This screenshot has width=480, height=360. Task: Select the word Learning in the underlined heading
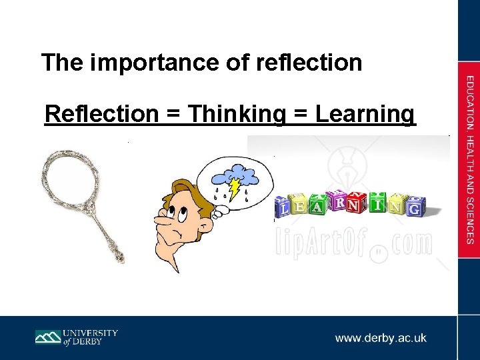tap(365, 114)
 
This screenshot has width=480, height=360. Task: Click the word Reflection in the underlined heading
tap(101, 114)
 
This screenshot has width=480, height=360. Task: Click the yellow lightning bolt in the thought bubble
tap(235, 189)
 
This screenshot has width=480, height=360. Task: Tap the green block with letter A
tap(319, 207)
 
